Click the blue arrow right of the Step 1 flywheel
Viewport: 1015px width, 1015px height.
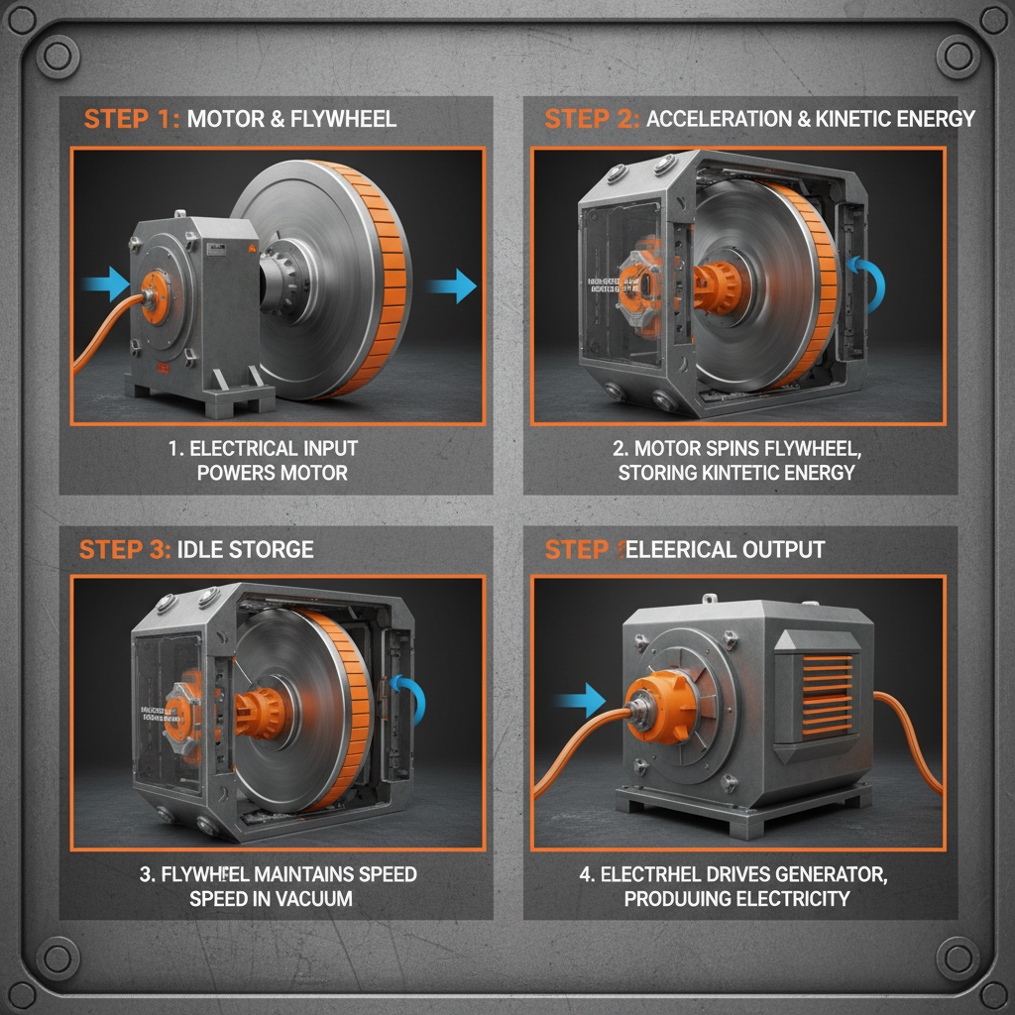click(x=451, y=286)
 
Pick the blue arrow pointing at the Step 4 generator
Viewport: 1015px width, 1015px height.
click(x=581, y=700)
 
